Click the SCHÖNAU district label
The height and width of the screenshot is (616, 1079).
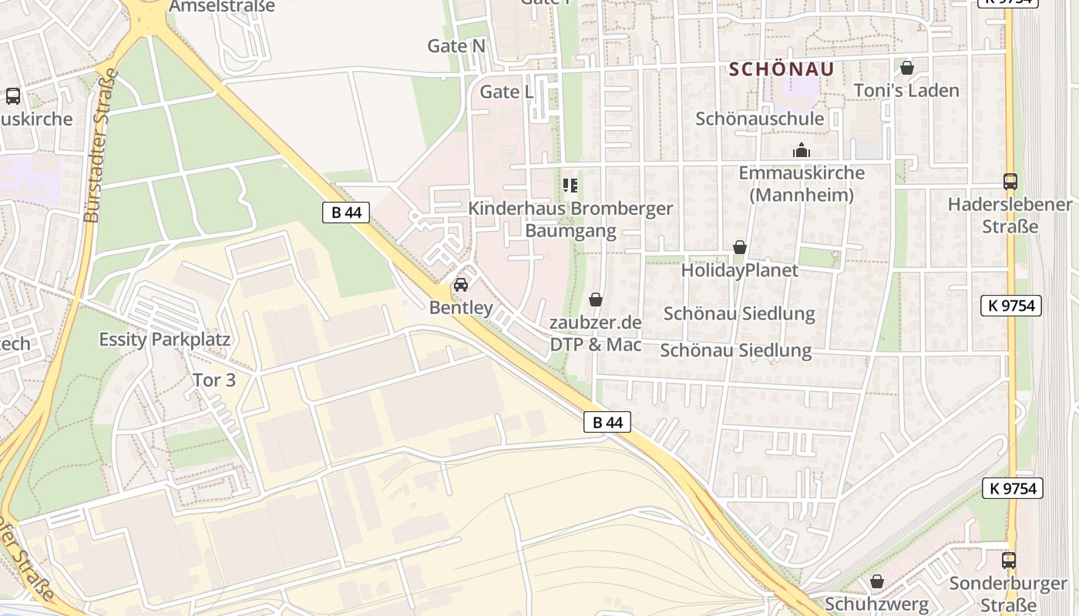pyautogui.click(x=782, y=69)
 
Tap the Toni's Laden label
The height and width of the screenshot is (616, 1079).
pyautogui.click(x=906, y=91)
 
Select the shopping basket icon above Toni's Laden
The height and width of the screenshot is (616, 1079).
pyautogui.click(x=907, y=68)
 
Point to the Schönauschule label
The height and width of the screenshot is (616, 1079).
pyautogui.click(x=759, y=119)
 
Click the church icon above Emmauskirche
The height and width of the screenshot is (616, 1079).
pyautogui.click(x=802, y=150)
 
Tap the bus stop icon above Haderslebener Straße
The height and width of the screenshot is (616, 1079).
pyautogui.click(x=1010, y=182)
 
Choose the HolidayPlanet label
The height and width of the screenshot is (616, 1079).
pyautogui.click(x=739, y=270)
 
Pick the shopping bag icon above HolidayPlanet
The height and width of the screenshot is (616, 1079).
pyautogui.click(x=740, y=247)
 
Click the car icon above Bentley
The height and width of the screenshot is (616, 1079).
pyautogui.click(x=461, y=285)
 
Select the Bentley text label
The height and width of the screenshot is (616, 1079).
pyautogui.click(x=461, y=308)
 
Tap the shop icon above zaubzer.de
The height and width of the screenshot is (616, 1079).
pyautogui.click(x=596, y=300)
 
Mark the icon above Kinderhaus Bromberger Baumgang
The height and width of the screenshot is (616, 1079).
pyautogui.click(x=570, y=186)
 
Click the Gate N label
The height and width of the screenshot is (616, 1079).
pyautogui.click(x=456, y=46)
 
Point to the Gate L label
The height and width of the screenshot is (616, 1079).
pyautogui.click(x=506, y=92)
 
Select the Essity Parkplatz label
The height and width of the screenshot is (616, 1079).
pyautogui.click(x=165, y=340)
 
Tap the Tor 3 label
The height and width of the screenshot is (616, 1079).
pyautogui.click(x=214, y=380)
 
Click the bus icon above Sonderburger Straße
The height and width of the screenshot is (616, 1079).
pyautogui.click(x=1008, y=560)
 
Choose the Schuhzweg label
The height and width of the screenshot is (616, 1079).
pyautogui.click(x=876, y=604)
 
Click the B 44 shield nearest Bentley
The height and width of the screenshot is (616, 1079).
pyautogui.click(x=346, y=213)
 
